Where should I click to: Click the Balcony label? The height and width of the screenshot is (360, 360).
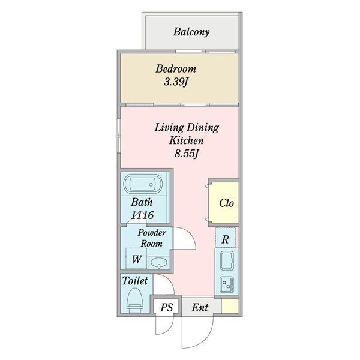(191, 32)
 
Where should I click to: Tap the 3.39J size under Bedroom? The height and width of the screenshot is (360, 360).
(176, 82)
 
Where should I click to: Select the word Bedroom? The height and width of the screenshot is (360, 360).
(176, 69)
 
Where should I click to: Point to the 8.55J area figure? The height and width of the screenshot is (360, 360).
(186, 154)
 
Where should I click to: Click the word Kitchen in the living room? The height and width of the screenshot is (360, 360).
(187, 140)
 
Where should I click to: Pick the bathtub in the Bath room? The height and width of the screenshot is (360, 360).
(143, 184)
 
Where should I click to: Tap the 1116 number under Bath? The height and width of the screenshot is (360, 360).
(142, 215)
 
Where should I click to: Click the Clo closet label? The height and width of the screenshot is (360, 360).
(226, 203)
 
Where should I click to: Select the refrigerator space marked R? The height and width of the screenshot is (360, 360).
(225, 238)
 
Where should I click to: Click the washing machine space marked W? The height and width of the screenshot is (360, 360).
(136, 259)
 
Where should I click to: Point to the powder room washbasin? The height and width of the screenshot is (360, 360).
(159, 263)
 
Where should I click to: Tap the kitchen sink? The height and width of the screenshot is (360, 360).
(227, 260)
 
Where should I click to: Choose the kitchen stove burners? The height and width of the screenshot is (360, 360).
(227, 284)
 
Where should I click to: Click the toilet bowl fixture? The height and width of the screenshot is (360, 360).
(135, 301)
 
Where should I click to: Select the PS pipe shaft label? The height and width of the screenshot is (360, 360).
(166, 308)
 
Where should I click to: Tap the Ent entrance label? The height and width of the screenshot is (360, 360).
(200, 308)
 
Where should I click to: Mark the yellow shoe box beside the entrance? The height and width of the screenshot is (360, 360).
(230, 305)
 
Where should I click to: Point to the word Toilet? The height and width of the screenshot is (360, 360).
(135, 281)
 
